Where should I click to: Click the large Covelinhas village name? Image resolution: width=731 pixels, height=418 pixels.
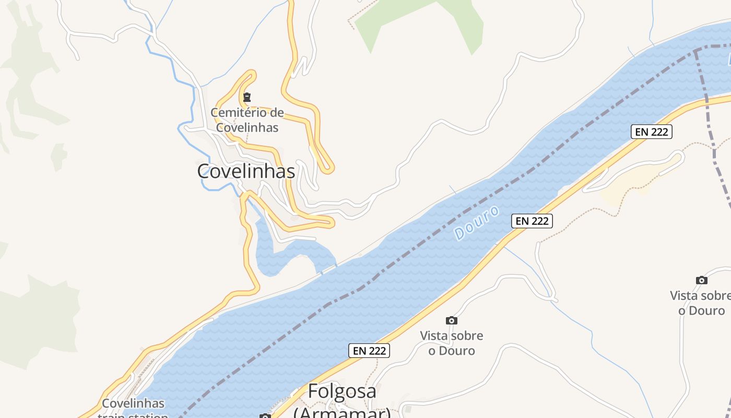[246, 171]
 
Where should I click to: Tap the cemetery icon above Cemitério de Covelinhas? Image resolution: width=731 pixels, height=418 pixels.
[247, 97]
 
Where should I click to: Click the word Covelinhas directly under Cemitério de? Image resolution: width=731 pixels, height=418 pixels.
[247, 127]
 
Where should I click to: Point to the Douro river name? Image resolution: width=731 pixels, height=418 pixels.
[477, 223]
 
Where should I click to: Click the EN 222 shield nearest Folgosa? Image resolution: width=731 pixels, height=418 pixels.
[369, 351]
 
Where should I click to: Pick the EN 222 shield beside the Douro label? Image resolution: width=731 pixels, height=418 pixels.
[532, 221]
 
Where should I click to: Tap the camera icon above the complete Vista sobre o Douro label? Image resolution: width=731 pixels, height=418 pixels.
[452, 320]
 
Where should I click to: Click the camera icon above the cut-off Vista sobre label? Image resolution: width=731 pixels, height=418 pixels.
[702, 280]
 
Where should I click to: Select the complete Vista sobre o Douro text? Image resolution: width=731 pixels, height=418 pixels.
[452, 343]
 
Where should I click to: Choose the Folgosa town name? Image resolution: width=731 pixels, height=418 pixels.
[342, 391]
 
